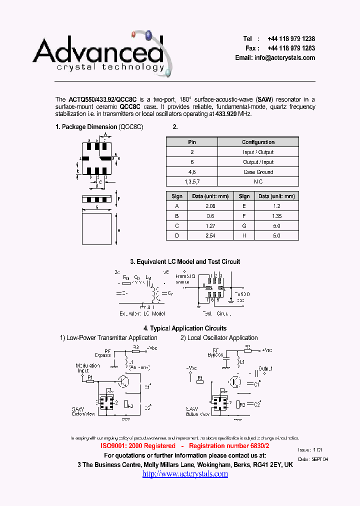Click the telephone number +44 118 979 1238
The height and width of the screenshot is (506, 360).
click(x=291, y=38)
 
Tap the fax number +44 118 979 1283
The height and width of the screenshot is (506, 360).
click(x=291, y=48)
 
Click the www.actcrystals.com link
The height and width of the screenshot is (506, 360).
click(x=185, y=473)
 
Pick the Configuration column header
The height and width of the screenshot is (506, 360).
click(x=258, y=142)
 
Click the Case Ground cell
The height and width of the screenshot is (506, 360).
click(x=258, y=172)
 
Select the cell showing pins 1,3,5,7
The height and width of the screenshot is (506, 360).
click(x=192, y=181)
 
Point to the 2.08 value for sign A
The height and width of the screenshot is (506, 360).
click(x=210, y=206)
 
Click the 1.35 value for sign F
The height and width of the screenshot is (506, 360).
click(x=276, y=216)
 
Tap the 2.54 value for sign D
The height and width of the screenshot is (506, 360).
click(x=210, y=235)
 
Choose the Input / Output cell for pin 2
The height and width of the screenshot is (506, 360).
click(x=258, y=152)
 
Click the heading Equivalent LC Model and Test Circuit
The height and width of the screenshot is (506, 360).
click(x=185, y=261)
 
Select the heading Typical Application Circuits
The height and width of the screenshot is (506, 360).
click(x=185, y=328)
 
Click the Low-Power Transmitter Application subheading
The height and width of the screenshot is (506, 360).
click(x=108, y=338)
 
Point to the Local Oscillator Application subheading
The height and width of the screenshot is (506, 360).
click(x=219, y=338)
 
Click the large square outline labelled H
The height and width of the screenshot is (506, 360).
click(x=96, y=229)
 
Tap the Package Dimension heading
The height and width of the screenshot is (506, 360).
click(x=99, y=127)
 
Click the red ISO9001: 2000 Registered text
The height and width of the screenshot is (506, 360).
click(x=138, y=445)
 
